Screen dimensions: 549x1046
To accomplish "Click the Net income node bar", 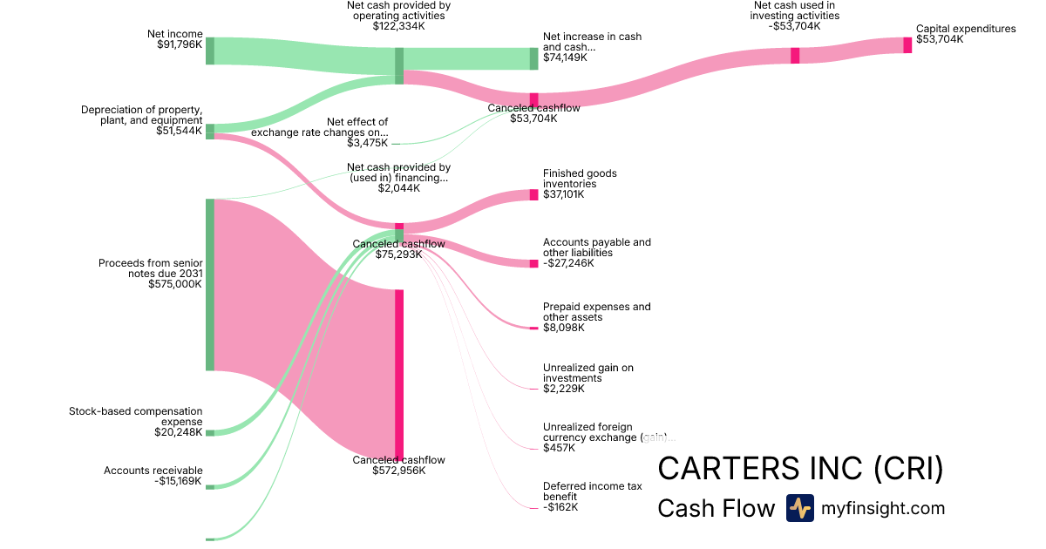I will click(x=210, y=51).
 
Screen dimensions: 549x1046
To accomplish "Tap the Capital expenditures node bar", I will click(x=907, y=45).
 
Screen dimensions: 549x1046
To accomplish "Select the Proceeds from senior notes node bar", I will click(x=210, y=284).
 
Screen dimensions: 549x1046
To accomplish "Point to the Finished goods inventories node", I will click(x=534, y=195).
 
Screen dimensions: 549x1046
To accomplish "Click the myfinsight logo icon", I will click(x=800, y=508).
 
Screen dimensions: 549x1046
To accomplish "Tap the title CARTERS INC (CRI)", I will click(x=800, y=469).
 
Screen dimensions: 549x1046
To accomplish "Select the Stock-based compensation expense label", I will click(x=136, y=416).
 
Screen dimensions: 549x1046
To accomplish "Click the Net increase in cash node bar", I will click(x=534, y=58).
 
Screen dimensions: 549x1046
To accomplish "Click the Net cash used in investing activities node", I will click(x=795, y=56).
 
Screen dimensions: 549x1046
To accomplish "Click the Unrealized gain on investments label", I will click(x=588, y=373).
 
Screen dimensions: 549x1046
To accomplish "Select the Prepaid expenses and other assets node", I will click(x=534, y=328).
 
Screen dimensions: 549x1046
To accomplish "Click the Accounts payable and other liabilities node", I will click(x=534, y=263).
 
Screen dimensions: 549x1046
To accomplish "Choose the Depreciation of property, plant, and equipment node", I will click(x=210, y=132).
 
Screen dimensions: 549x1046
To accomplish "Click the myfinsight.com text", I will click(x=883, y=508).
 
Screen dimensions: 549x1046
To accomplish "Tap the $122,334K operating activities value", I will click(x=398, y=26).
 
